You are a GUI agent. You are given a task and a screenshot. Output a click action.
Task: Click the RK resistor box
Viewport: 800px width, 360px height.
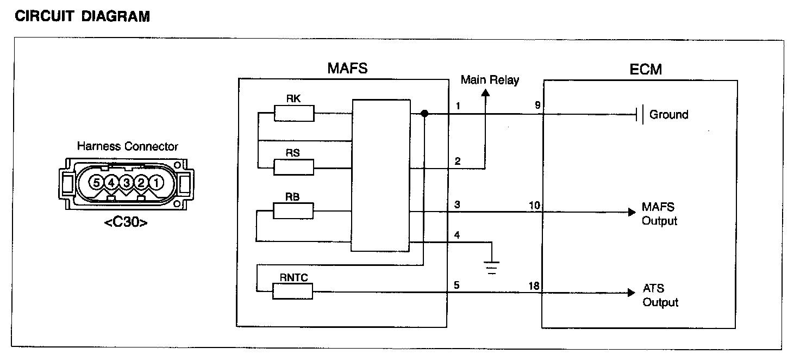[x=294, y=113]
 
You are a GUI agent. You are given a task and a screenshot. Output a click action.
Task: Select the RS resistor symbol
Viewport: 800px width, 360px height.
[x=293, y=167]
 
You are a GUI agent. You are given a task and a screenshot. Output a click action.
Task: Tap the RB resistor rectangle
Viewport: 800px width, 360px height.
[x=293, y=211]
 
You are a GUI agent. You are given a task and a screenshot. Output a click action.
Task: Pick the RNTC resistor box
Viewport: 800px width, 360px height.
[x=292, y=291]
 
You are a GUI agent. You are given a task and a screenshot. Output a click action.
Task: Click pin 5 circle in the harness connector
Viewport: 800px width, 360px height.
[x=96, y=183]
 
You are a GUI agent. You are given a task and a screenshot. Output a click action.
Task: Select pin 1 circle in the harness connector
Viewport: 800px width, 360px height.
[x=156, y=183]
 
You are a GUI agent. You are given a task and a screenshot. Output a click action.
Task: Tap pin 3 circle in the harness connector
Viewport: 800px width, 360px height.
[x=126, y=183]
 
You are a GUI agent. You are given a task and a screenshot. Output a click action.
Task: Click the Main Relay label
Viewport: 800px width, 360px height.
[x=490, y=80]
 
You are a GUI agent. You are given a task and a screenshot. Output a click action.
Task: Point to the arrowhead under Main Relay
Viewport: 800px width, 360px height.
[x=485, y=92]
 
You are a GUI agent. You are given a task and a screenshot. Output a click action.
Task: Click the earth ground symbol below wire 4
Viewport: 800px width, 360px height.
[x=492, y=268]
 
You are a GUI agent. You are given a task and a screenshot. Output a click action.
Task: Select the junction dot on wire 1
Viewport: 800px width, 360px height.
[x=424, y=114]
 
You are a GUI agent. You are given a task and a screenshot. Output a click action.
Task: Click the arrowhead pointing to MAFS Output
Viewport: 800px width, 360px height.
[x=632, y=212]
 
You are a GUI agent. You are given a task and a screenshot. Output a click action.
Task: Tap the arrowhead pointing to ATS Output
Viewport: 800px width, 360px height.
[x=632, y=293]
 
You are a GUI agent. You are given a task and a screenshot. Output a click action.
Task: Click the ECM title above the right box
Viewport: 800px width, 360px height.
[x=646, y=70]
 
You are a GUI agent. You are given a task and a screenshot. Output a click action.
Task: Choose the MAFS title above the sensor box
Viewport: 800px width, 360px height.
[x=347, y=68]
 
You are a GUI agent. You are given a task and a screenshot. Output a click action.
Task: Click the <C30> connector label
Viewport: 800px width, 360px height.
[x=126, y=222]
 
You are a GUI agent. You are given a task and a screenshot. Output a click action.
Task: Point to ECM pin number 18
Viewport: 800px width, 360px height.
[x=534, y=286]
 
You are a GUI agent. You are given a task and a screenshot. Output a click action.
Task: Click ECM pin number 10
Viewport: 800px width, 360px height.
[x=535, y=206]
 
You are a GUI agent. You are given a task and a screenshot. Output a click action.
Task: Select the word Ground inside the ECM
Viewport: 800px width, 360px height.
[x=668, y=114]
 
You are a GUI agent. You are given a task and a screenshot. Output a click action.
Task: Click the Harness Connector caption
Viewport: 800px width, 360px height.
[x=128, y=146]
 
